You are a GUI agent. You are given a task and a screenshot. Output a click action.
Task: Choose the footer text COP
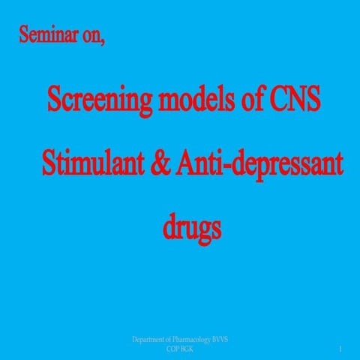pos(172,349)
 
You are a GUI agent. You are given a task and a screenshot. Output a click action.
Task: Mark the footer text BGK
pos(187,349)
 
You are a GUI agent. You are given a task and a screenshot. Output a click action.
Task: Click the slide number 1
pos(340,349)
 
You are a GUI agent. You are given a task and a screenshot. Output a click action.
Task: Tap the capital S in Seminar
pos(24,35)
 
